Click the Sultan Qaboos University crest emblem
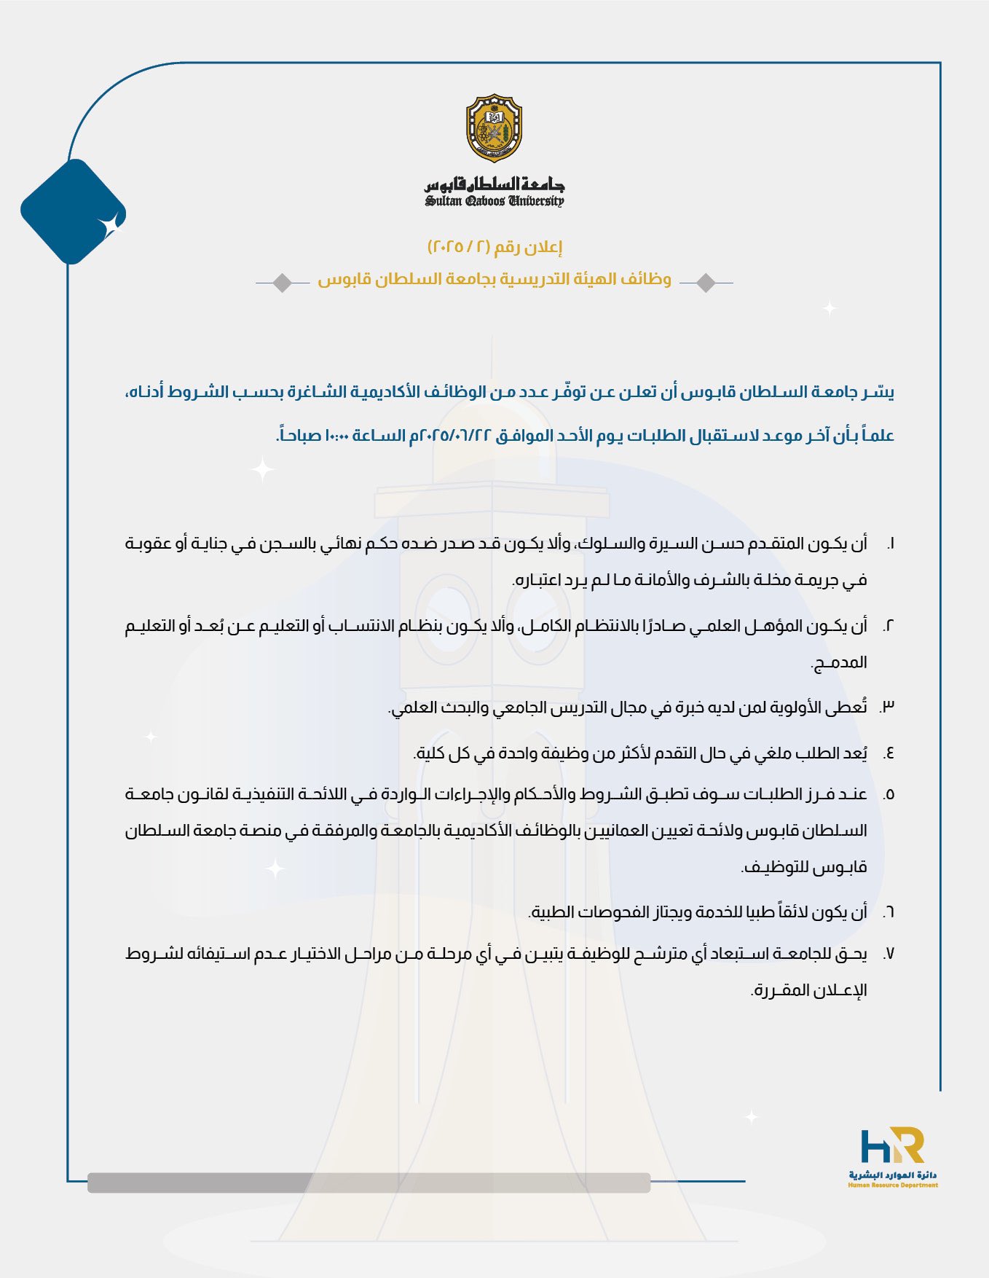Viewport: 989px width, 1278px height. pos(494,128)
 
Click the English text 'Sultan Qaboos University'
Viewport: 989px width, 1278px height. pos(494,201)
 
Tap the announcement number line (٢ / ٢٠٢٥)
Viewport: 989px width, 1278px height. pos(494,247)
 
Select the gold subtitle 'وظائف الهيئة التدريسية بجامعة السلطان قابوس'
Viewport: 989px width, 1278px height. pos(494,280)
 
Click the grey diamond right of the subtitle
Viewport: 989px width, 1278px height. pos(706,282)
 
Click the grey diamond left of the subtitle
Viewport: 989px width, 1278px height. pos(283,282)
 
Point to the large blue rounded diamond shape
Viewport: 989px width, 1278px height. pos(72,211)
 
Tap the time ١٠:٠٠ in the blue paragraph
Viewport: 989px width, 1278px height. pos(336,436)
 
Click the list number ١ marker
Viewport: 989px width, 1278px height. pos(890,544)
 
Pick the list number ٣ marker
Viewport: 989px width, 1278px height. pos(888,707)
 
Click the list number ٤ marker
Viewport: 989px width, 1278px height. pos(888,753)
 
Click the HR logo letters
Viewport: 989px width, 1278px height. pos(892,1146)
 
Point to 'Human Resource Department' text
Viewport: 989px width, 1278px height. pos(893,1185)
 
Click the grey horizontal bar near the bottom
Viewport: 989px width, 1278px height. pos(369,1182)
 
